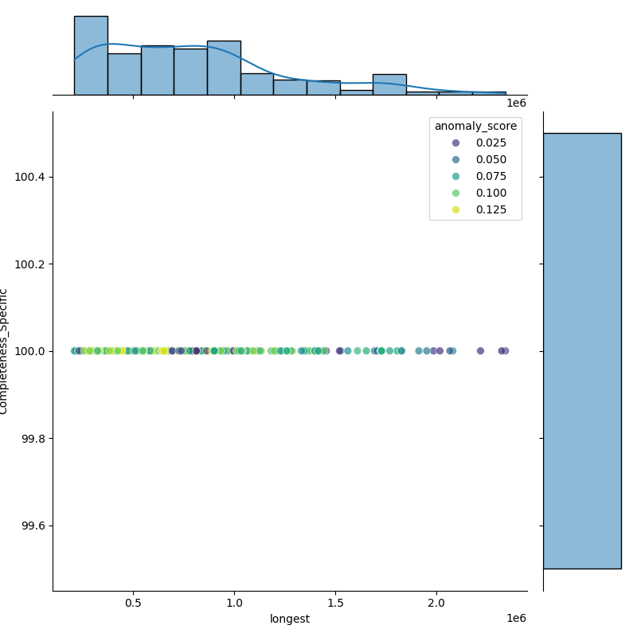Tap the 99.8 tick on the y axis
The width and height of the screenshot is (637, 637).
[x=33, y=439]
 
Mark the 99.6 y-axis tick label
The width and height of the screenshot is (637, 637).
[x=33, y=526]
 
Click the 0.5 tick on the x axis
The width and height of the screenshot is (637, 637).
[x=133, y=604]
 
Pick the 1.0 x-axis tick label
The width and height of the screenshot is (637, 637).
[x=234, y=604]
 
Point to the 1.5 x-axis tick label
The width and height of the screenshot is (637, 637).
[x=335, y=604]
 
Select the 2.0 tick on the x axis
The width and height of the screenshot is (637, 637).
[x=436, y=604]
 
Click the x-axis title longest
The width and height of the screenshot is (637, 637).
[x=290, y=619]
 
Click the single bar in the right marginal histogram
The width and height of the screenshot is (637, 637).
[x=581, y=350]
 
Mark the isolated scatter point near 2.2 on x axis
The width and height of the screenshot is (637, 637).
[x=480, y=350]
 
